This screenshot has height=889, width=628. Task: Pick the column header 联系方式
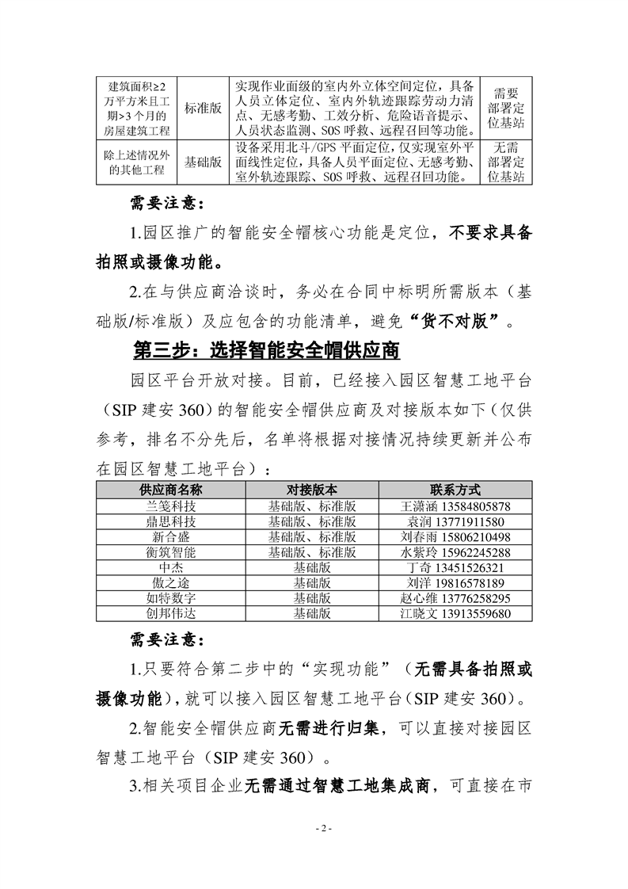click(x=455, y=490)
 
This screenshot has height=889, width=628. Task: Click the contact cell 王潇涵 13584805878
click(x=455, y=506)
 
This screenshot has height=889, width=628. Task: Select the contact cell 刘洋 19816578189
click(x=455, y=583)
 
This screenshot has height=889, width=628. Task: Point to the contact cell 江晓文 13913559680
click(x=455, y=613)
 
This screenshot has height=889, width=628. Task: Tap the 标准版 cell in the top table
click(x=203, y=108)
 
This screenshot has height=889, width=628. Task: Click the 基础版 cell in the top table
click(x=203, y=162)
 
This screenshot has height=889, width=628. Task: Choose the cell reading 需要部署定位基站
click(x=506, y=108)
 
